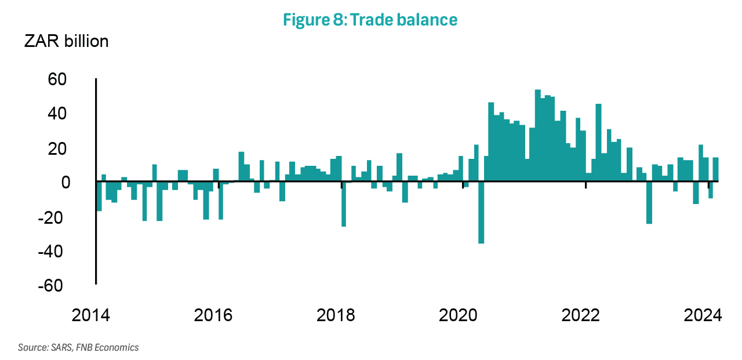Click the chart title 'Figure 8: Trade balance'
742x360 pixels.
370,20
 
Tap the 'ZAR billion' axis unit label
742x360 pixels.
66,42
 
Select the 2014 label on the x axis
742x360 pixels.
95,316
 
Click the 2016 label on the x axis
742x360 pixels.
218,316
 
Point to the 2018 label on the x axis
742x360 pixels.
341,316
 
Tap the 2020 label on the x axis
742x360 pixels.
463,316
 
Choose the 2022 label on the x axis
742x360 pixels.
586,316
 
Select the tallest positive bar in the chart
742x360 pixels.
537,136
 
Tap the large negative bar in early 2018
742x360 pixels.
344,204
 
